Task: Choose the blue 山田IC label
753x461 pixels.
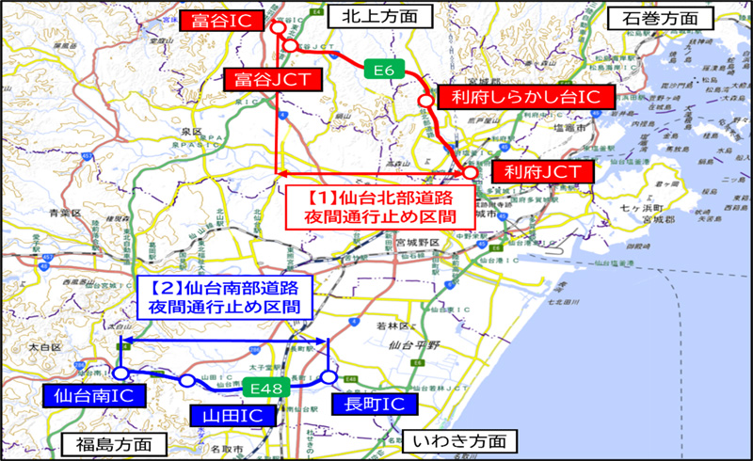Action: pyautogui.click(x=225, y=414)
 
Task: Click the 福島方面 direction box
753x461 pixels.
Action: pyautogui.click(x=107, y=442)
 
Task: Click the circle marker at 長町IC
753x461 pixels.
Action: pyautogui.click(x=328, y=377)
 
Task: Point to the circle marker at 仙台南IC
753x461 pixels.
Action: pyautogui.click(x=120, y=374)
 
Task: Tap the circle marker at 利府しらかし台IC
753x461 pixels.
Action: pyautogui.click(x=426, y=99)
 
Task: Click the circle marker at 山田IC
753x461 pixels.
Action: pyautogui.click(x=188, y=381)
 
